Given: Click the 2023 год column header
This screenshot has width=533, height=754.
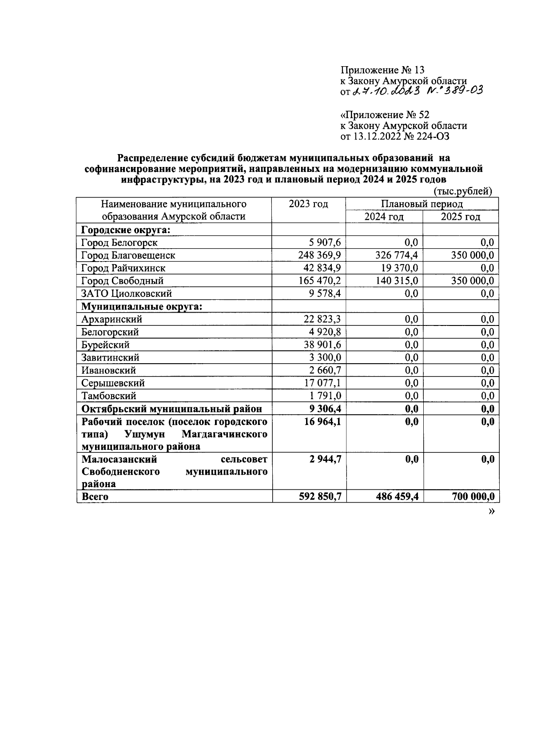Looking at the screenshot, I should pyautogui.click(x=308, y=204).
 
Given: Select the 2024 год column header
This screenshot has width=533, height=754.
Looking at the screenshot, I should pyautogui.click(x=384, y=217).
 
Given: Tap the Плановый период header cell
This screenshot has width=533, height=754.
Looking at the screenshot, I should pyautogui.click(x=422, y=204).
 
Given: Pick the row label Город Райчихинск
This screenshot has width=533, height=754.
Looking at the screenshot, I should pyautogui.click(x=123, y=268).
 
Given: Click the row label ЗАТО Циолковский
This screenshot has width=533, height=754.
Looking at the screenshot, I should pyautogui.click(x=126, y=294).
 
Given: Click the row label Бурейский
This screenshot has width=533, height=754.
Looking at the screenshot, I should pyautogui.click(x=105, y=345).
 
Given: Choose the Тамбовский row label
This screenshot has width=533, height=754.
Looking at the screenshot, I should pyautogui.click(x=108, y=396).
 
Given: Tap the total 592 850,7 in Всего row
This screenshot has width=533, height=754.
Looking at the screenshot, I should pyautogui.click(x=319, y=496).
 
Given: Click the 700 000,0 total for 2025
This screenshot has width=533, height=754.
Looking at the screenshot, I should pyautogui.click(x=473, y=496).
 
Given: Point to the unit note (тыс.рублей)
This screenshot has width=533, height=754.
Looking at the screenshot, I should pyautogui.click(x=462, y=191).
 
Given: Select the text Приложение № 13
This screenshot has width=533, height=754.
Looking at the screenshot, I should pyautogui.click(x=382, y=70).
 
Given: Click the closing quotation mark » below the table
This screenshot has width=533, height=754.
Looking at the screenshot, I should pyautogui.click(x=491, y=511).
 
